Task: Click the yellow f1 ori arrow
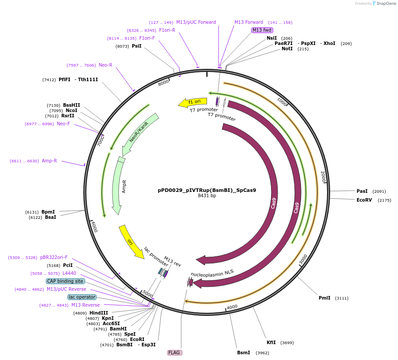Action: pyautogui.click(x=193, y=102)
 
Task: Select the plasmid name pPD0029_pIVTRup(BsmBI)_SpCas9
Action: pyautogui.click(x=207, y=191)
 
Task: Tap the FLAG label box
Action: pyautogui.click(x=175, y=352)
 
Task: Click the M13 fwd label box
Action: pyautogui.click(x=262, y=30)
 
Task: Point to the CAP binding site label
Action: pyautogui.click(x=65, y=281)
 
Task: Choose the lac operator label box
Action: pyautogui.click(x=82, y=297)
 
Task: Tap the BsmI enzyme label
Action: pyautogui.click(x=243, y=352)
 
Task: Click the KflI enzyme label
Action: pyautogui.click(x=271, y=342)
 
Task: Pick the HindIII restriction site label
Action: pyautogui.click(x=99, y=313)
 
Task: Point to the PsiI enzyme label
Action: pyautogui.click(x=137, y=46)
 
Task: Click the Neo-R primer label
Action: pyautogui.click(x=105, y=65)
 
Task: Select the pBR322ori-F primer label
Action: pyautogui.click(x=54, y=257)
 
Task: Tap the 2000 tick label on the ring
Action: pyautogui.click(x=323, y=175)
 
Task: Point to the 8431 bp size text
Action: pyautogui.click(x=207, y=196)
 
